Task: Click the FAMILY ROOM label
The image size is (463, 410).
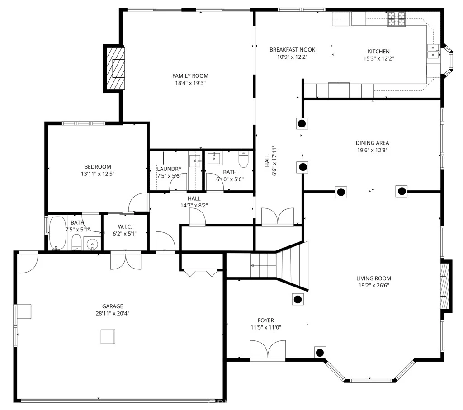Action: [190, 76]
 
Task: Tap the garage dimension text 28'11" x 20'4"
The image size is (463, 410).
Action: [113, 313]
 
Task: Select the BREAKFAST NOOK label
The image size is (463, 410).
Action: [293, 50]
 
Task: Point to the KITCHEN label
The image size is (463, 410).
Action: [378, 52]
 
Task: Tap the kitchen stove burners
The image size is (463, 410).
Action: [396, 19]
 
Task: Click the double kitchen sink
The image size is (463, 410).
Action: [433, 51]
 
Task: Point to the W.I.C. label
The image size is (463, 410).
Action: [125, 226]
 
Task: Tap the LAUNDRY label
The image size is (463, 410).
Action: [169, 169]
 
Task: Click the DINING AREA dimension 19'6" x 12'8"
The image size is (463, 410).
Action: [373, 150]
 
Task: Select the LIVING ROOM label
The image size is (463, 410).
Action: [373, 278]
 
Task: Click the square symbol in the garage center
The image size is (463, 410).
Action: [108, 336]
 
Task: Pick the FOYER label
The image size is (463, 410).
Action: [266, 320]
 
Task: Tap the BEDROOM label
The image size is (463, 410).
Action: [98, 167]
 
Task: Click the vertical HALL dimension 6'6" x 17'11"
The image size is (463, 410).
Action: [274, 160]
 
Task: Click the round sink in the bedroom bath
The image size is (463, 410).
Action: [92, 244]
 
